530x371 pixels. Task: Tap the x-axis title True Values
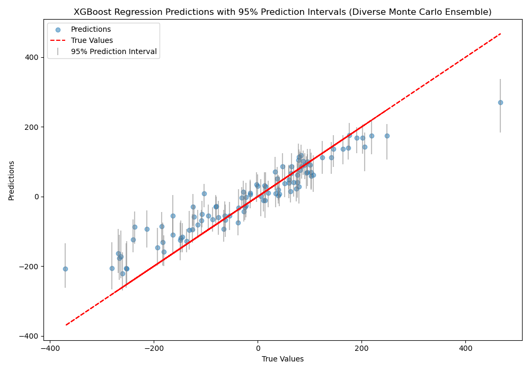click(x=282, y=359)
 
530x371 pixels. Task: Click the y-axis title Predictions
click(x=12, y=180)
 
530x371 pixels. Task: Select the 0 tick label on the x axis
click(x=258, y=349)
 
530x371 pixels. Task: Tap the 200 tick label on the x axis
click(x=362, y=349)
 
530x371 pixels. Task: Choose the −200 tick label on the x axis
click(x=154, y=349)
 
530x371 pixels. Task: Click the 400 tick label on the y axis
click(x=33, y=57)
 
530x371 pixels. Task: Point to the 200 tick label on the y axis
click(x=33, y=127)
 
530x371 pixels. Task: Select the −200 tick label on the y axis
click(x=31, y=267)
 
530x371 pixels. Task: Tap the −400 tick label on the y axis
click(x=31, y=336)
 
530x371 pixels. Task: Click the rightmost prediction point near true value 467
click(x=500, y=102)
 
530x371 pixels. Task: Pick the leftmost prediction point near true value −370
click(x=65, y=269)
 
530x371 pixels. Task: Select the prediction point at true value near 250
click(x=387, y=136)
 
